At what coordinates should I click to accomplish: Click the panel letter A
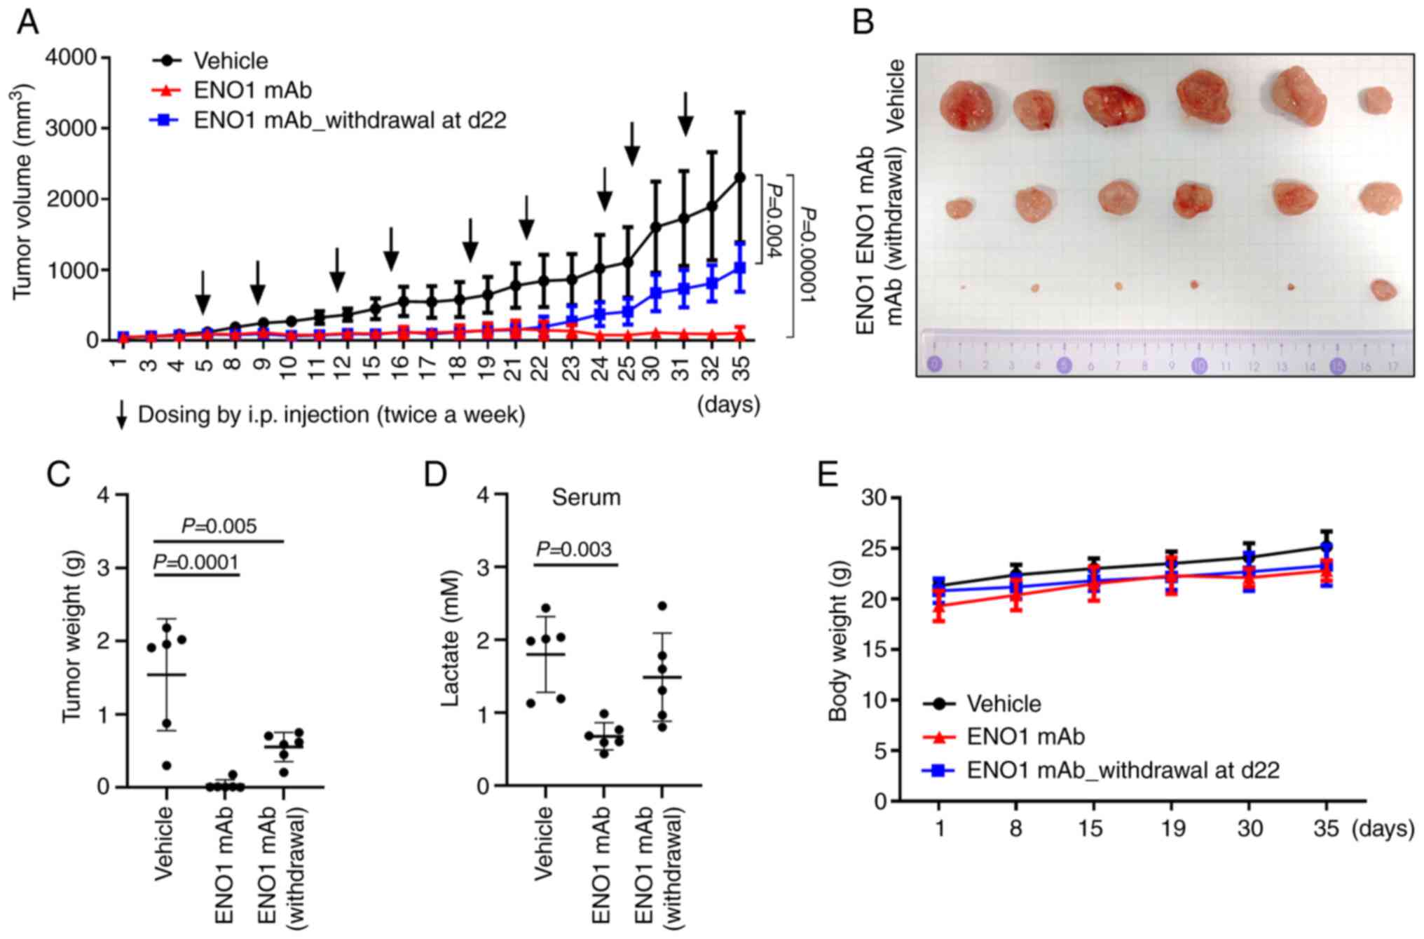[27, 22]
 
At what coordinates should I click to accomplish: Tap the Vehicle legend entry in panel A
[231, 61]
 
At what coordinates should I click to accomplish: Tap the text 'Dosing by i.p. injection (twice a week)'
[331, 415]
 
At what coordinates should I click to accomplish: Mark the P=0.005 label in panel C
[219, 526]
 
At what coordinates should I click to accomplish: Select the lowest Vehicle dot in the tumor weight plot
[167, 765]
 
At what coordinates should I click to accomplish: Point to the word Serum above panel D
[586, 498]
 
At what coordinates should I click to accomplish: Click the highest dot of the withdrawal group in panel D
[662, 606]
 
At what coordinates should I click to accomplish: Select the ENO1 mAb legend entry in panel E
[1025, 737]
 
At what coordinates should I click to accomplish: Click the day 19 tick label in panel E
[1172, 829]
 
